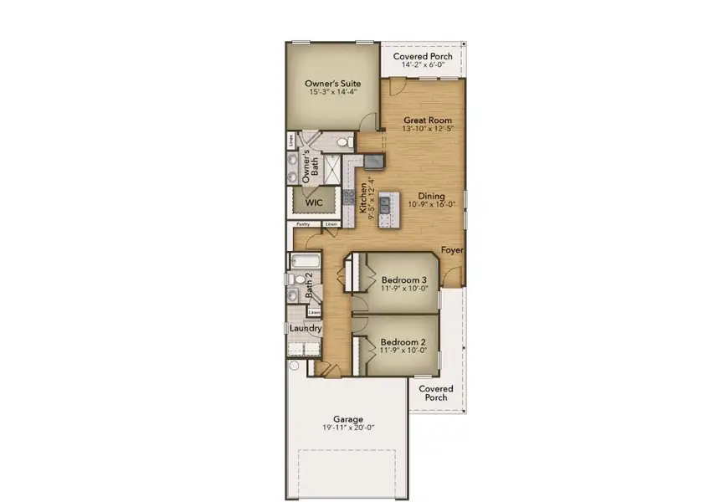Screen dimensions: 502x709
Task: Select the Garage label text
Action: click(348, 418)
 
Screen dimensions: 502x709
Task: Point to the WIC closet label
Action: click(314, 202)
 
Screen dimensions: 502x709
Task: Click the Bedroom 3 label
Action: click(404, 279)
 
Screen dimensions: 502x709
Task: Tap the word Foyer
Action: click(453, 249)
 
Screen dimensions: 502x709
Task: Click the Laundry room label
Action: click(306, 329)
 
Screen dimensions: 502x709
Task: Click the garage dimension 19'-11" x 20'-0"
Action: click(348, 428)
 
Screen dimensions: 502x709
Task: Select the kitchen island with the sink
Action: click(386, 209)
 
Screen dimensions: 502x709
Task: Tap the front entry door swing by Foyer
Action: click(453, 274)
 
